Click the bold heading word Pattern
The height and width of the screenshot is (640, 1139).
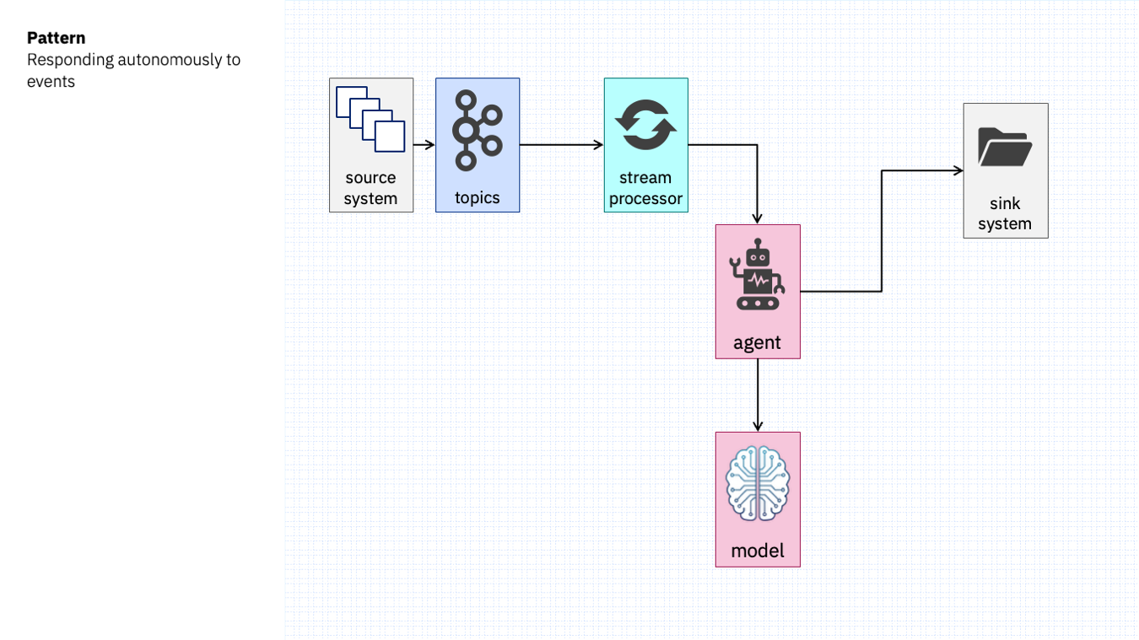coord(56,38)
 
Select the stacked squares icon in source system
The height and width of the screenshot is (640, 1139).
coord(370,119)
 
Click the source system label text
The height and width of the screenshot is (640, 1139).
coord(370,188)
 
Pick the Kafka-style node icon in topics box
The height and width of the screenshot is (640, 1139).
coord(477,130)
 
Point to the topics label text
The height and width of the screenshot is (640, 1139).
coord(477,197)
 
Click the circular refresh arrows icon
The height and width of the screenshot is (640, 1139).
coord(645,125)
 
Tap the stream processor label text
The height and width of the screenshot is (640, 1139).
coord(645,188)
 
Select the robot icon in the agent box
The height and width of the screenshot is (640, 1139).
coord(758,274)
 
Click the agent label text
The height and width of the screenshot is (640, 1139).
coord(757,343)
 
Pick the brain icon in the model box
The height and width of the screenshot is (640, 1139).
coord(758,483)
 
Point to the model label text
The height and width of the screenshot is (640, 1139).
coord(758,551)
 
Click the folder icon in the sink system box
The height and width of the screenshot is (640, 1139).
coord(1005,147)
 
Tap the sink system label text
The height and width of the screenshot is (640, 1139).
coord(1005,213)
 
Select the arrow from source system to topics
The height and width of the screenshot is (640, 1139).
coord(424,145)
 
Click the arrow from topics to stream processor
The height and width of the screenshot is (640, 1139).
coord(561,145)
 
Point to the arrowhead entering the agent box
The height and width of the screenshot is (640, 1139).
coord(757,219)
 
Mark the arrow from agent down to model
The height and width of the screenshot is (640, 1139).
coord(758,395)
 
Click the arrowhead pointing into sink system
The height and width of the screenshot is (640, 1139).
coord(958,171)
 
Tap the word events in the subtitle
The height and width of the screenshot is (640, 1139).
coord(51,82)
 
